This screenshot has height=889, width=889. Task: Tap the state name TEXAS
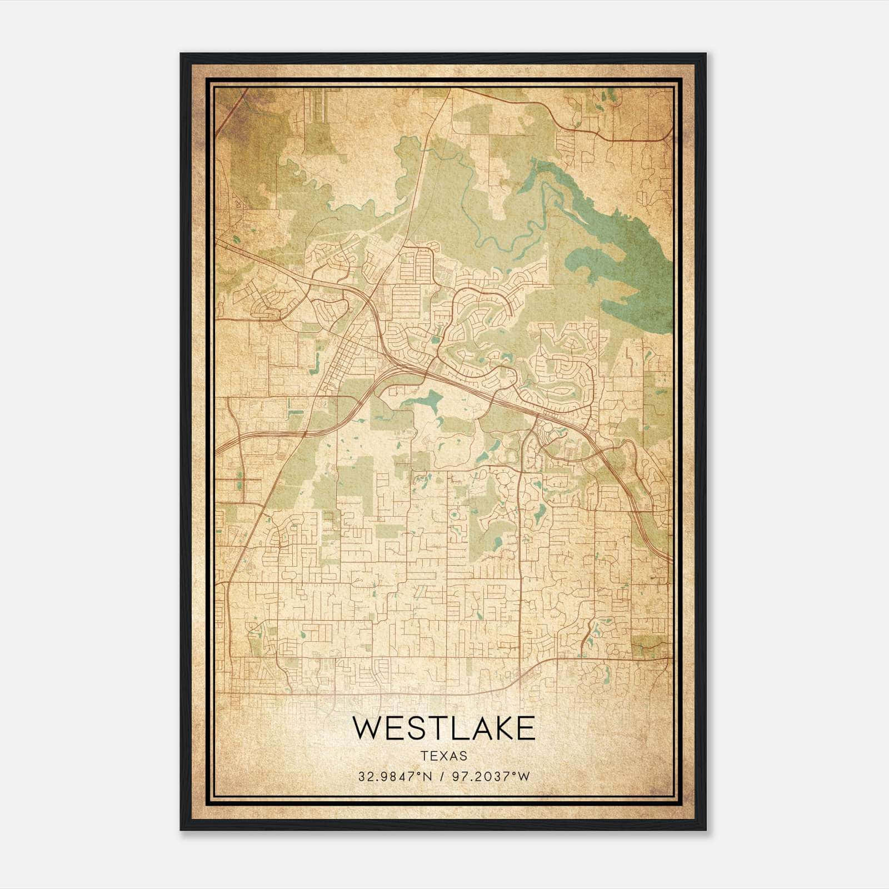tap(444, 756)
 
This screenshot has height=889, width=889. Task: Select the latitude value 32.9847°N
tap(395, 777)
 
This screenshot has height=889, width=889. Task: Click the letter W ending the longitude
tap(524, 777)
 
